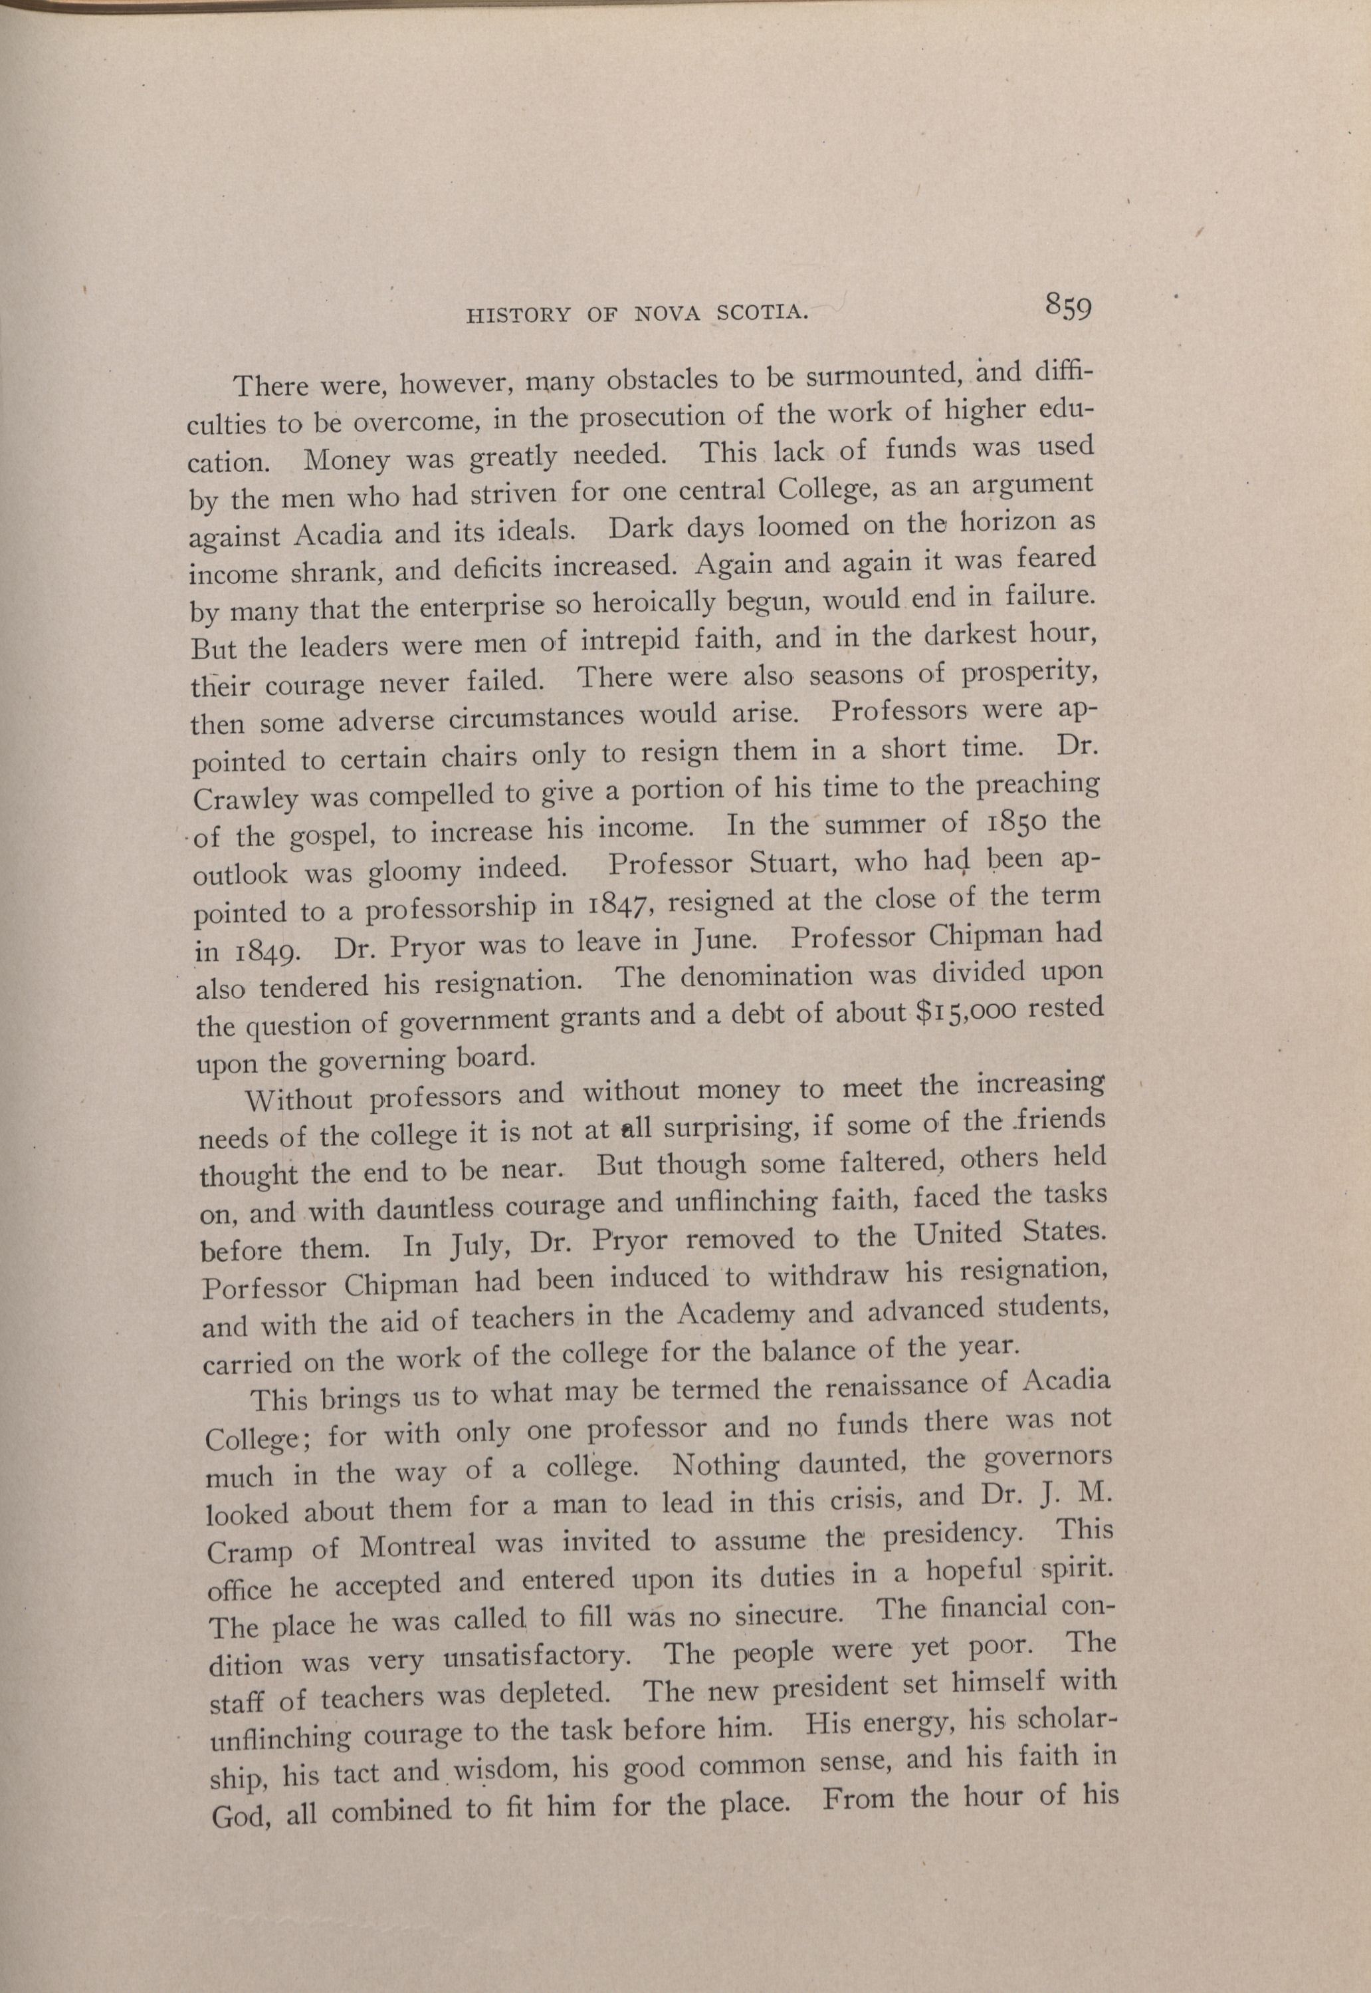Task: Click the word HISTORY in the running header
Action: pyautogui.click(x=518, y=315)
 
